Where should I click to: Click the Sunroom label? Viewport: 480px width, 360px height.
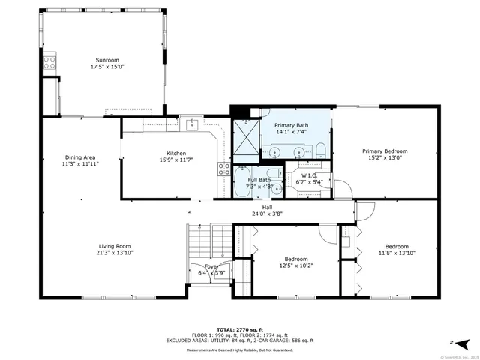(106, 60)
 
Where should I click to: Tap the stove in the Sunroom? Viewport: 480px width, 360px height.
(50, 64)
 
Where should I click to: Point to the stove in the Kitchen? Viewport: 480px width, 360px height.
(223, 169)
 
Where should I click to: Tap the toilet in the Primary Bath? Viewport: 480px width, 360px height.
(320, 148)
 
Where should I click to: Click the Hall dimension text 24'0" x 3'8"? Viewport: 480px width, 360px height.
(267, 214)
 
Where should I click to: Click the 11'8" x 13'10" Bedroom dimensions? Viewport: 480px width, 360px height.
(396, 253)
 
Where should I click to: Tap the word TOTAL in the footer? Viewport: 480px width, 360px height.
(226, 329)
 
